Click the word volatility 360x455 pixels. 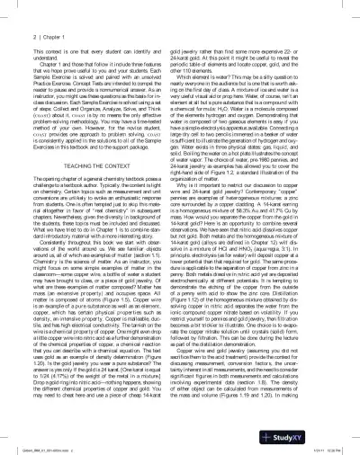click(302, 343)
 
